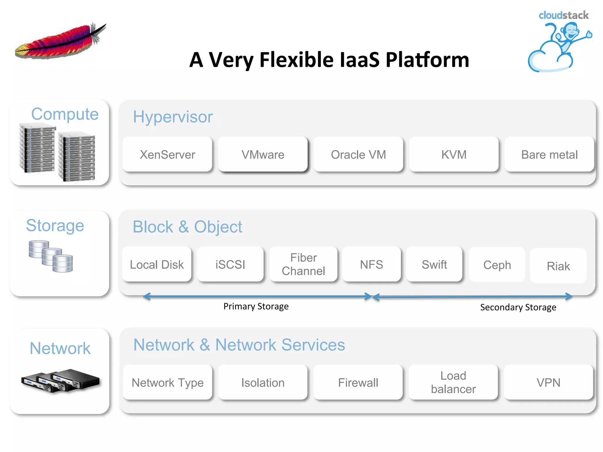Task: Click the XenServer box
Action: (x=167, y=154)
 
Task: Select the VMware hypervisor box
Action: (x=263, y=154)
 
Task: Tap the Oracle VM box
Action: (x=358, y=154)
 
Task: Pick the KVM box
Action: (x=454, y=154)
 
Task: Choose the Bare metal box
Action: (x=549, y=154)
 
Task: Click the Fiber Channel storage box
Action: (x=303, y=264)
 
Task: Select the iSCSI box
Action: (x=230, y=264)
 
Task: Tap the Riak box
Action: (x=558, y=266)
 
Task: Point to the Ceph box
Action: (x=497, y=265)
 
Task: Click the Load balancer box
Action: (x=453, y=382)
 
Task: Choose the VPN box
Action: (x=548, y=382)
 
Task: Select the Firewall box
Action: (x=358, y=382)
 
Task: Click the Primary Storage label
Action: (x=256, y=306)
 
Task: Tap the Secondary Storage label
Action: (x=518, y=307)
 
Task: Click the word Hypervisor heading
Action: (x=173, y=117)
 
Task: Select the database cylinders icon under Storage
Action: (x=51, y=256)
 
